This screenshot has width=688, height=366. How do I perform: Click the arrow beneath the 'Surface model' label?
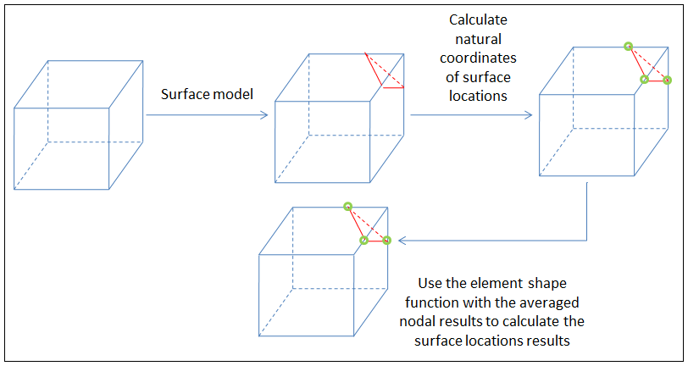coord(215,114)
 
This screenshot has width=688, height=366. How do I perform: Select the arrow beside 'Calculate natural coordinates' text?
coord(471,114)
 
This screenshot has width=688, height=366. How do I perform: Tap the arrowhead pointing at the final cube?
coord(402,241)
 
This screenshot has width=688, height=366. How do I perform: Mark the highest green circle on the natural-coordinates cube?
coord(628,46)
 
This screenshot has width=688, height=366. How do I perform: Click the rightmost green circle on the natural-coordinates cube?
coord(667,80)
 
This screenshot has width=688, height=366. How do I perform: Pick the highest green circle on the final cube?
coord(347,206)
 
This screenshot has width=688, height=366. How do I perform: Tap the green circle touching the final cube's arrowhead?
coord(386,241)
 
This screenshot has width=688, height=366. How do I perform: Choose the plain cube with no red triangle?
coord(77,125)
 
